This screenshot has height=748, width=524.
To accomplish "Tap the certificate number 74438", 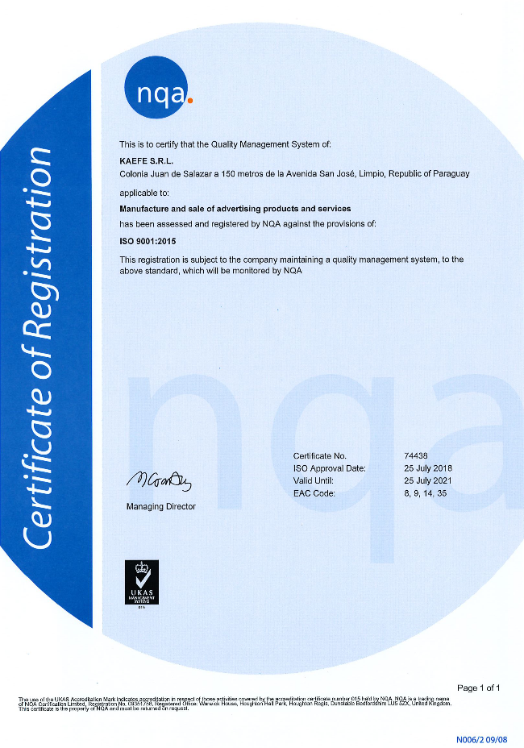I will (x=417, y=456).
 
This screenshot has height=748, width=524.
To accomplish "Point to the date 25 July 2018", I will (x=428, y=468).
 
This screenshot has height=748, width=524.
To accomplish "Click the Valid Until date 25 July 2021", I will (x=428, y=480).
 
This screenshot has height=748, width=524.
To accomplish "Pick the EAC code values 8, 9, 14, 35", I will (x=426, y=493).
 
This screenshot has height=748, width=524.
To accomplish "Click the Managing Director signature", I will (x=159, y=482).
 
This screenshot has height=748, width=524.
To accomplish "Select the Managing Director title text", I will (x=160, y=506).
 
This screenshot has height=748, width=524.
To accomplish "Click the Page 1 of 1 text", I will (x=479, y=688).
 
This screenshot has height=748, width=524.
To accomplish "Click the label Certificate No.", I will (x=320, y=456).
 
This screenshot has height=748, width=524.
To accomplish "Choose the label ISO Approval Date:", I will (x=330, y=468).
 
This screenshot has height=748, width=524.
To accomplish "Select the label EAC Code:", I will (x=314, y=493).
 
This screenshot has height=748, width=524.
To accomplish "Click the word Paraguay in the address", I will (x=451, y=173).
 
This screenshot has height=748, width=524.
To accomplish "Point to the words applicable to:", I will (x=144, y=193).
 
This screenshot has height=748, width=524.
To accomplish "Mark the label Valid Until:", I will (x=314, y=480).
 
